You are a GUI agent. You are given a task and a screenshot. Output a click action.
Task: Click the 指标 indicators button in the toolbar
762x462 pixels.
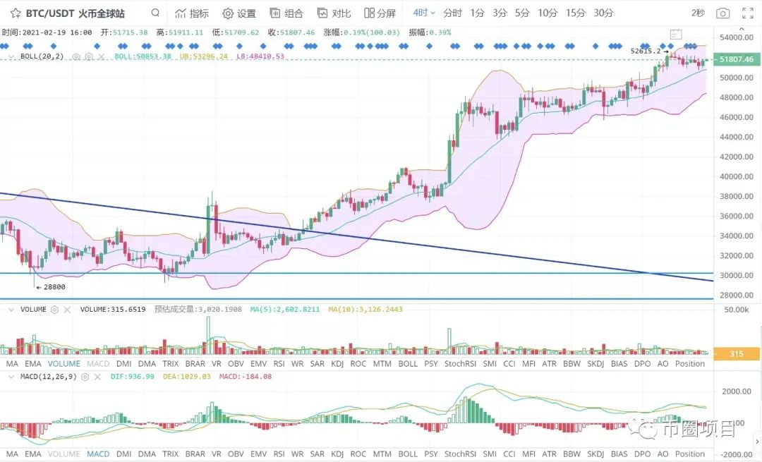[x=192, y=13]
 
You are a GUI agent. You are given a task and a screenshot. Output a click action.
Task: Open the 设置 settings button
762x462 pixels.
[x=239, y=13]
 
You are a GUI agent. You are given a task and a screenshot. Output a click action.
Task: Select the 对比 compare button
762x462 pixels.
[x=334, y=13]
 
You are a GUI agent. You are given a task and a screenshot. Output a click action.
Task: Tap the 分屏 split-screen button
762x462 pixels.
[x=380, y=13]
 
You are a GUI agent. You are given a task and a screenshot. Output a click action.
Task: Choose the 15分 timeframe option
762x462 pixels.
[x=575, y=13]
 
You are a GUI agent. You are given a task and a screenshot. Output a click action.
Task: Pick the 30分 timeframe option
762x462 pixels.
[x=603, y=13]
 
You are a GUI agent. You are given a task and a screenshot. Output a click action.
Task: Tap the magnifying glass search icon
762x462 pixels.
[x=155, y=13]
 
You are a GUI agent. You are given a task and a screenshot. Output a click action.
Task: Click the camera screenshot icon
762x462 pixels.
[x=722, y=13]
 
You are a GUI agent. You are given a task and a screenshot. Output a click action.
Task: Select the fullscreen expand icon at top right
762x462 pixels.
[x=748, y=13]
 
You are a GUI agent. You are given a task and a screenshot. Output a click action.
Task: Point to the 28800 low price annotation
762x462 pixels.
[x=53, y=287]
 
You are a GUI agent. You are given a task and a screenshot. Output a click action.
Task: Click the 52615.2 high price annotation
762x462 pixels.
[x=646, y=51]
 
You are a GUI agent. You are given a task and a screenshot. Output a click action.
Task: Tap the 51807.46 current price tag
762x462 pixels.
[x=737, y=60]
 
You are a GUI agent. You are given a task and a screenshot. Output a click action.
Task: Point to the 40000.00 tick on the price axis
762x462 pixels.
[x=737, y=176]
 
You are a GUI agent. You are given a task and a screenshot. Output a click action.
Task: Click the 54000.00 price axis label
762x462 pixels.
[x=737, y=37]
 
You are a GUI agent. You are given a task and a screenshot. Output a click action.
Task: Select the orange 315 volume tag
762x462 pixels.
[x=737, y=355]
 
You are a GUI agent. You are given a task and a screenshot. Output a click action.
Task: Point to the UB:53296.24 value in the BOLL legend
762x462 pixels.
[x=204, y=56]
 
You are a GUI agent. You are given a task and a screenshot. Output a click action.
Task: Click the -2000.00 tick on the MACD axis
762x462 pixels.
[x=737, y=454]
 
